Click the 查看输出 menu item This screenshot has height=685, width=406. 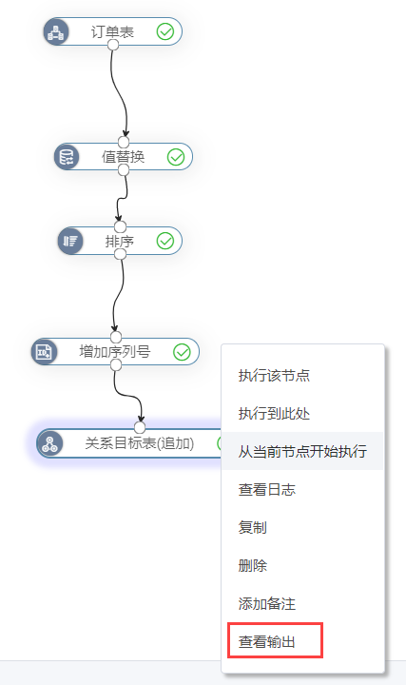click(x=267, y=641)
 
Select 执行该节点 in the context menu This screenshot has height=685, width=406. click(x=274, y=375)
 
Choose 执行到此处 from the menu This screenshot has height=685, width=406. click(x=274, y=413)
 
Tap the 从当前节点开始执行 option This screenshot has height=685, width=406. click(x=302, y=451)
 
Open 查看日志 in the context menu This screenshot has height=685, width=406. click(x=267, y=489)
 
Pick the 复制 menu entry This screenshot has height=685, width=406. click(x=252, y=527)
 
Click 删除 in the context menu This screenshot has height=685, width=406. click(x=252, y=565)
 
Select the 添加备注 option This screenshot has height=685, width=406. click(x=267, y=603)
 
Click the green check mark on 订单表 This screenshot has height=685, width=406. click(x=165, y=32)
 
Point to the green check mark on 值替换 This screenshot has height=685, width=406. click(x=176, y=157)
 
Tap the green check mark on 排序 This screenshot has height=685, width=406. click(x=165, y=241)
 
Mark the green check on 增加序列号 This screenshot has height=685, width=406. click(x=182, y=352)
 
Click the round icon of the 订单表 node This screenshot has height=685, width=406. click(x=56, y=32)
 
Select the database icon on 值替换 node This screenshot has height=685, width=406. click(x=67, y=157)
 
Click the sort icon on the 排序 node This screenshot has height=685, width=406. click(x=70, y=241)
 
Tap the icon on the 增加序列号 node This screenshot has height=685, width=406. click(x=44, y=352)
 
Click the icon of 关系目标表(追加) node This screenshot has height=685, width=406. click(x=49, y=444)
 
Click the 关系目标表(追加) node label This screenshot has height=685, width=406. click(x=139, y=443)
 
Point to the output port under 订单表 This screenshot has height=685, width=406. click(x=113, y=45)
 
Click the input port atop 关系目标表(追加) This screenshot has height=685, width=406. click(x=140, y=427)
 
